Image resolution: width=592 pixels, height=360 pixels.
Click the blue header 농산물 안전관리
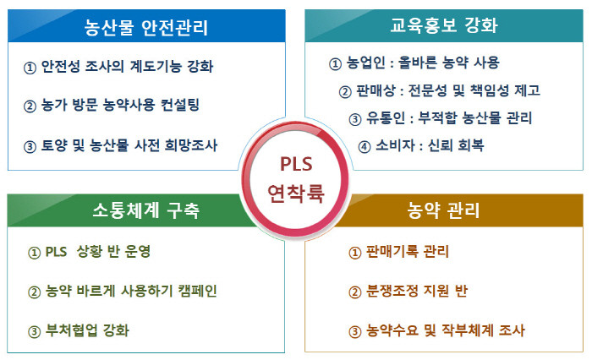145,27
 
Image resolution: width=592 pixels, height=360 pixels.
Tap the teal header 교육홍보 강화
444,25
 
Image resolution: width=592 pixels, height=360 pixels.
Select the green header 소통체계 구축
145,210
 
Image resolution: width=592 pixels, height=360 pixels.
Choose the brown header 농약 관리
443,210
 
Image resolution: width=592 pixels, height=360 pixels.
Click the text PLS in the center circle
296,164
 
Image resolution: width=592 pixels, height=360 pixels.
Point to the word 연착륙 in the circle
296,193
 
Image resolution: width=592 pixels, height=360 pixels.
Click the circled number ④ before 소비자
365,146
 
